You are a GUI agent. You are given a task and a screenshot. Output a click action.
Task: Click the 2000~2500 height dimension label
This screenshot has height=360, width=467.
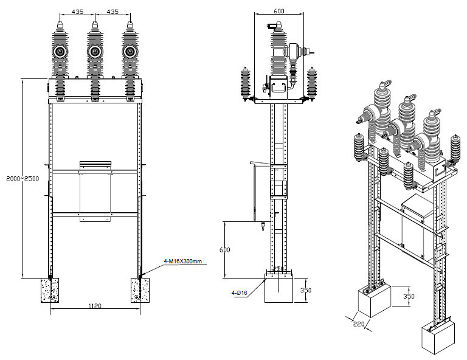point(22,179)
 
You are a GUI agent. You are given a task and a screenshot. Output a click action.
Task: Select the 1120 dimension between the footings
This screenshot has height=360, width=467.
point(95,305)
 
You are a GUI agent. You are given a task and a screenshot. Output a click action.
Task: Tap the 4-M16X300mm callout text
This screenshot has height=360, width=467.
point(182,261)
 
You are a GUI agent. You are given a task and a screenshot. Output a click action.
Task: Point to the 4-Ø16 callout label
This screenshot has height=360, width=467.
point(239,293)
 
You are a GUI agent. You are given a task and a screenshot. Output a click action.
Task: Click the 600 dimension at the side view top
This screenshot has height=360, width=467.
point(278,11)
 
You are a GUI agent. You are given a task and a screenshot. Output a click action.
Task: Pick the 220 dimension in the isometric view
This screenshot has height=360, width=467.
point(359,324)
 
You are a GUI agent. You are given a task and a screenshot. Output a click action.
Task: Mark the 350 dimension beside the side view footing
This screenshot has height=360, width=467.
point(306,290)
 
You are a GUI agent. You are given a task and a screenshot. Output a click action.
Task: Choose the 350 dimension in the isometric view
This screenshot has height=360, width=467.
point(409,296)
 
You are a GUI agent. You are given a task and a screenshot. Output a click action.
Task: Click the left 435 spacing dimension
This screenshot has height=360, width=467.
point(77,12)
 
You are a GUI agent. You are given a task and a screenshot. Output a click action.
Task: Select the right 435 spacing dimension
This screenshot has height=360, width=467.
point(112,12)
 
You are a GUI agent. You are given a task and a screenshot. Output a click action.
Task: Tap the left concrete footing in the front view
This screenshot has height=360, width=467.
point(50,290)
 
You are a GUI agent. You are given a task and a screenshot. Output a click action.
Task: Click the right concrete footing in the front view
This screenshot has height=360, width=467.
point(140,290)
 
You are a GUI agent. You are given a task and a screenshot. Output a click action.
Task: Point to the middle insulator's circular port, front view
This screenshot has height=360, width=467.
point(95,52)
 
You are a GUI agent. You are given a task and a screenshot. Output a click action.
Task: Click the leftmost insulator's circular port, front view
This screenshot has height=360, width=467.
point(60,52)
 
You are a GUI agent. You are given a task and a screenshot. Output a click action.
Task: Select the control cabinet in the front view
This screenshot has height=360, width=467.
point(95,192)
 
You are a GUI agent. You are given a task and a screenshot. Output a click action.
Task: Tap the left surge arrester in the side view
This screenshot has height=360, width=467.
point(246,84)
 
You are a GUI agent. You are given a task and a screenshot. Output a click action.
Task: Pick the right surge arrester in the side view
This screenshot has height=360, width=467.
point(312,83)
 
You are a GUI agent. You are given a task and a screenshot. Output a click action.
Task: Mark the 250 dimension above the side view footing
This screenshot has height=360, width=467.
point(278,269)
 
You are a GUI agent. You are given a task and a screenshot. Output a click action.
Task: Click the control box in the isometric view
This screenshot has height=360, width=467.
point(417,226)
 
